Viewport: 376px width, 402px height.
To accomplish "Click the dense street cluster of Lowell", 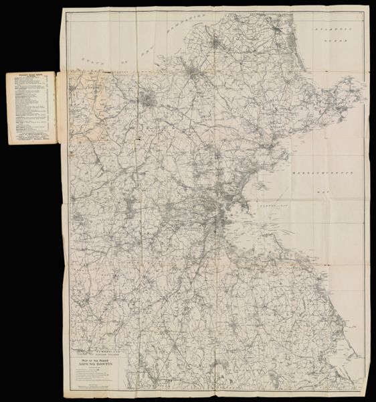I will tap(149, 103).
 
